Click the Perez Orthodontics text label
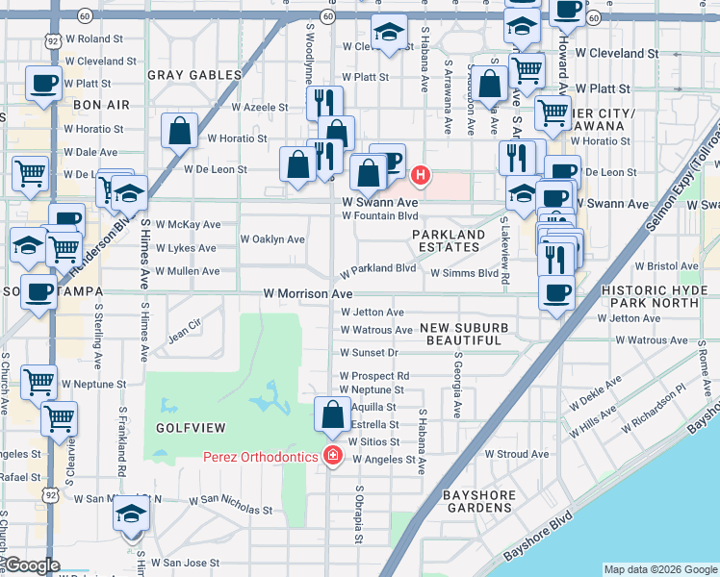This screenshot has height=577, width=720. [x=259, y=455]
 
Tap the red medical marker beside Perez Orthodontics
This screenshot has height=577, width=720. [x=333, y=455]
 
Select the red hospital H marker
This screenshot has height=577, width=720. [x=420, y=176]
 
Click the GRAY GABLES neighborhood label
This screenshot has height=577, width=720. [x=194, y=75]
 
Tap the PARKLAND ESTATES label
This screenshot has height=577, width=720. [x=449, y=240]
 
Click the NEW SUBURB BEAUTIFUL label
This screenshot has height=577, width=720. [x=463, y=335]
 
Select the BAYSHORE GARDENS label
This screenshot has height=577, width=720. [x=478, y=501]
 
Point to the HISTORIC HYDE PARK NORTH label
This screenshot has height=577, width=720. [x=658, y=296]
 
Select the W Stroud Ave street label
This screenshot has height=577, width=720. [x=516, y=454]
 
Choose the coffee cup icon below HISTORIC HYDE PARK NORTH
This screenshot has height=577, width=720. [x=556, y=293]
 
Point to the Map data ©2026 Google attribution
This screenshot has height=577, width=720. [x=659, y=569]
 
